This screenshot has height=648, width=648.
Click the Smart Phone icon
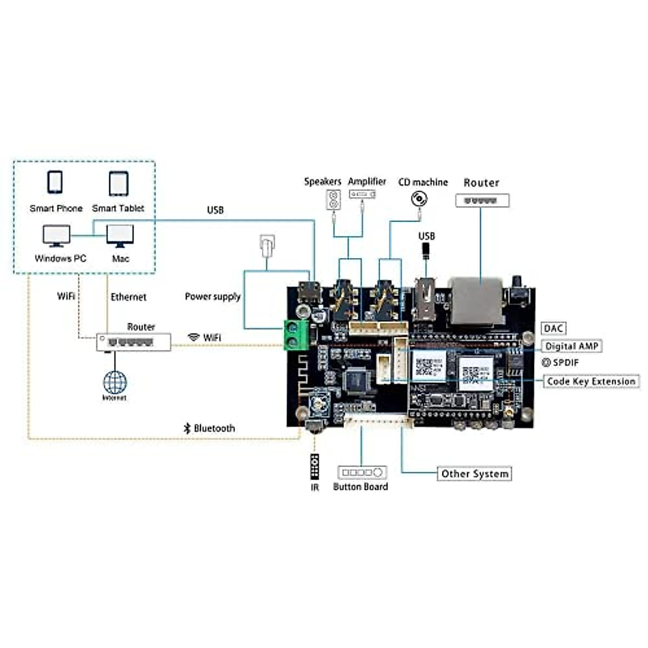pyautogui.click(x=55, y=183)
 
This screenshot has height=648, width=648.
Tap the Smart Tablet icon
pyautogui.click(x=118, y=184)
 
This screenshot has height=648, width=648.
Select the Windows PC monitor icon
pyautogui.click(x=56, y=236)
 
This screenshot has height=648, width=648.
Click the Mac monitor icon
pyautogui.click(x=120, y=236)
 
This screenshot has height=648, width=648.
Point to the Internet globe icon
pyautogui.click(x=114, y=382)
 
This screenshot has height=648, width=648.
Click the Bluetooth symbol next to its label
pyautogui.click(x=187, y=428)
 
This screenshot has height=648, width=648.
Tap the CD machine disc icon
pyautogui.click(x=419, y=199)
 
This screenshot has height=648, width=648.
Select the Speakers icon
pyautogui.click(x=334, y=200)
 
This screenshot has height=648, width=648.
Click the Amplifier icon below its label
pyautogui.click(x=362, y=194)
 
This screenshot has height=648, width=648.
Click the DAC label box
pyautogui.click(x=553, y=328)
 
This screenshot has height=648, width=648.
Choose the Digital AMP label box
pyautogui.click(x=571, y=346)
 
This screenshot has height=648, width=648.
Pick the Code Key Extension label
pyautogui.click(x=591, y=381)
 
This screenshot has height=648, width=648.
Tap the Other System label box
pyautogui.click(x=474, y=474)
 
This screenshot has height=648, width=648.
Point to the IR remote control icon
pyautogui.click(x=314, y=466)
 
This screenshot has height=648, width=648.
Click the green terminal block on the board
pyautogui.click(x=296, y=335)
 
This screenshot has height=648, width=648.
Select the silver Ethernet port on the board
pyautogui.click(x=476, y=302)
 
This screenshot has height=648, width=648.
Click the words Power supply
pyautogui.click(x=212, y=296)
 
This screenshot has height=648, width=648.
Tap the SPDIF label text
pyautogui.click(x=565, y=363)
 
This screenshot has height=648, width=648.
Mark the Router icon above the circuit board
pyautogui.click(x=482, y=201)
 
